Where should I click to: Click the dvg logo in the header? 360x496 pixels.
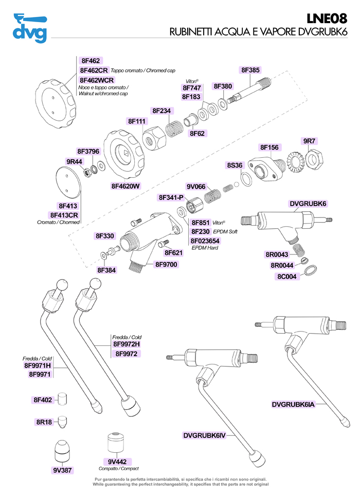pos(29,29)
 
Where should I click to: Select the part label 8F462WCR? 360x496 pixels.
pos(97,80)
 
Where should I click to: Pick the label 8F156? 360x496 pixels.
pos(269,148)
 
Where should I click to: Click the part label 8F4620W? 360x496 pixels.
pos(126,186)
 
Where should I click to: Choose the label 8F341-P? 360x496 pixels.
pos(171,197)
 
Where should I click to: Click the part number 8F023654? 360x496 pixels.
pos(205,241)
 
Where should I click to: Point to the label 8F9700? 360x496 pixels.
pos(166,265)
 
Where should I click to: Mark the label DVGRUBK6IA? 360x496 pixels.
pos(293,405)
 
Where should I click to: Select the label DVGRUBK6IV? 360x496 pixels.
pos(204,435)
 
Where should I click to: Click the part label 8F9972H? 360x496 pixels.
pos(127,344)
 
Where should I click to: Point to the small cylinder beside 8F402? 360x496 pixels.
pos(62,398)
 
